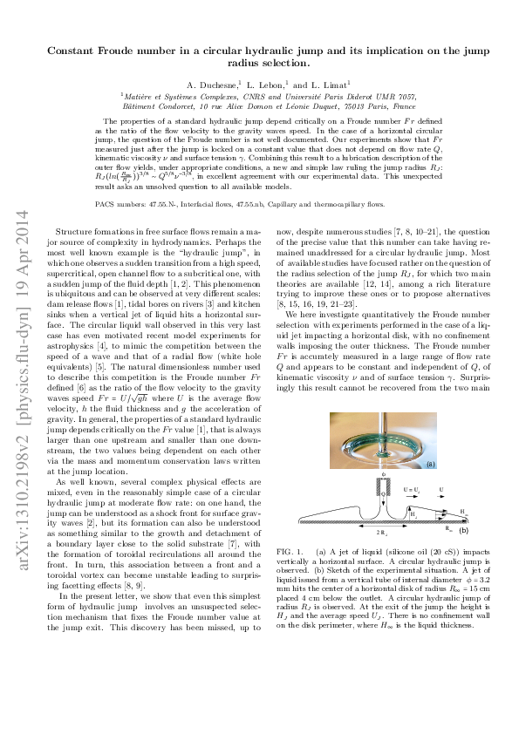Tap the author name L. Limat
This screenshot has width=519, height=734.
click(x=312, y=85)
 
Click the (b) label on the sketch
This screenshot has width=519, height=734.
click(x=463, y=529)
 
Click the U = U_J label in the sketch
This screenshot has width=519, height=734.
click(x=413, y=491)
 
